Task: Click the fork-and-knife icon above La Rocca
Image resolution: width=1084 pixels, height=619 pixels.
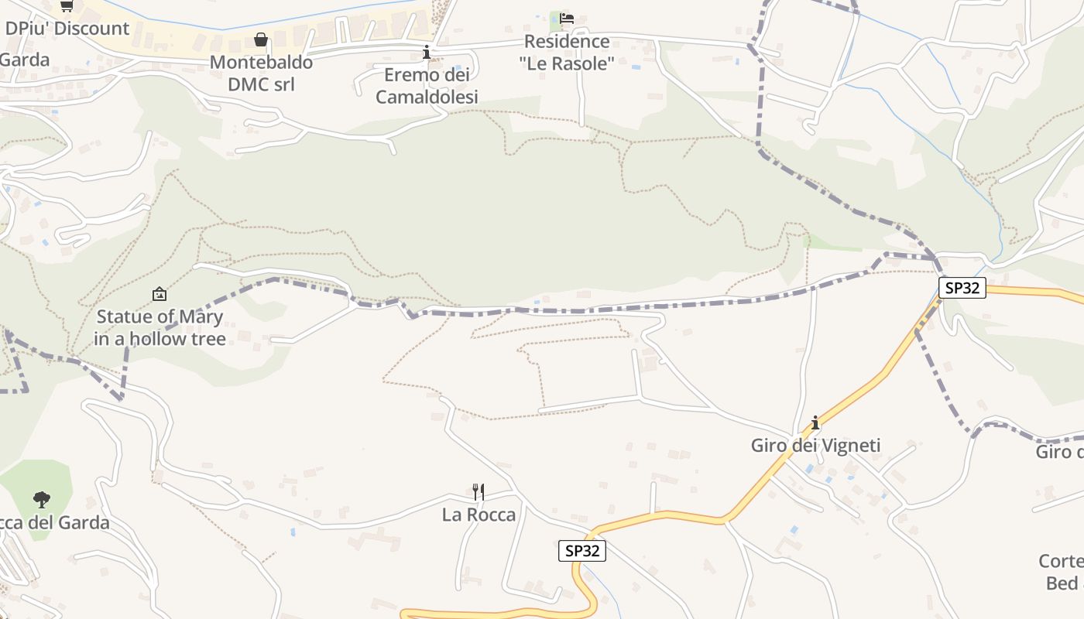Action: click(x=479, y=491)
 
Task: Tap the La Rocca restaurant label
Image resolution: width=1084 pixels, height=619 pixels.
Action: click(x=479, y=514)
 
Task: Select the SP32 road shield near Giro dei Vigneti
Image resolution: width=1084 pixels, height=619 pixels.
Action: click(x=962, y=288)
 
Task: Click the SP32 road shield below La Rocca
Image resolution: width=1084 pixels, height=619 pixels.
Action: click(x=581, y=551)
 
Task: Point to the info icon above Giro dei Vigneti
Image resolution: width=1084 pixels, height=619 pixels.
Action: click(x=815, y=422)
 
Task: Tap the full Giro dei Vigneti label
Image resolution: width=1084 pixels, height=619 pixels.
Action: click(x=815, y=446)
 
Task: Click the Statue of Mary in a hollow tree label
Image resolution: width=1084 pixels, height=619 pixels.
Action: click(x=160, y=327)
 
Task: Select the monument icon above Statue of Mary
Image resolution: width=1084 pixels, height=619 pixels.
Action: click(x=160, y=294)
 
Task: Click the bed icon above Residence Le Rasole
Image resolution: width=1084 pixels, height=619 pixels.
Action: click(x=568, y=18)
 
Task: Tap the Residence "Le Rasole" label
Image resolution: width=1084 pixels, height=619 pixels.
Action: click(x=567, y=53)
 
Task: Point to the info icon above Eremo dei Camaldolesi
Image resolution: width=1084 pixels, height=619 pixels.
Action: click(x=426, y=52)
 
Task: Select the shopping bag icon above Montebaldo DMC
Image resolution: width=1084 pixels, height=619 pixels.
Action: click(x=261, y=39)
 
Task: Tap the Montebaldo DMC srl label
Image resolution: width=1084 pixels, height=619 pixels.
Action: click(x=261, y=73)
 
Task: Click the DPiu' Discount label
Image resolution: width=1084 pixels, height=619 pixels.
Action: click(x=67, y=29)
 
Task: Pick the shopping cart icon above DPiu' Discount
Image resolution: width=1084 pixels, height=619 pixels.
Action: click(x=67, y=5)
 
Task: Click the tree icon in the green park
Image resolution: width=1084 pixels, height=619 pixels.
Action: click(x=42, y=500)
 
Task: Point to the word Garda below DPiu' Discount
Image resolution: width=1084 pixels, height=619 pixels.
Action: click(x=25, y=60)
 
